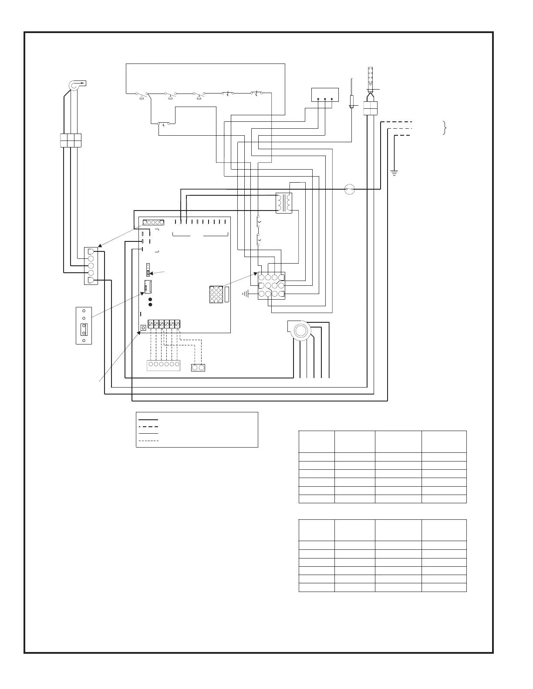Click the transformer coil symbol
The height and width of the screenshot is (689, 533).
(283, 203)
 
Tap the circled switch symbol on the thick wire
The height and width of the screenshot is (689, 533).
(350, 190)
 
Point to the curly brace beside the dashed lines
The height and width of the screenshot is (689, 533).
(445, 128)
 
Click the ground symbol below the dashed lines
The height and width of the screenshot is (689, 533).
(395, 173)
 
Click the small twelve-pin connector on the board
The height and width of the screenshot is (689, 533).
(216, 294)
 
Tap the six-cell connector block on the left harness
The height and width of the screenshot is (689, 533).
(70, 140)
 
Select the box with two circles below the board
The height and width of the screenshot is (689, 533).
(198, 368)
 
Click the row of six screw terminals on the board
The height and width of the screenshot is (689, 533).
(164, 324)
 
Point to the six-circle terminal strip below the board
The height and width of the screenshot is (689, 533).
(164, 365)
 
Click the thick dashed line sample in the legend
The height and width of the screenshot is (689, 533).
(148, 427)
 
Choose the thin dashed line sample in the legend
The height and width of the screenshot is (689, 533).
(148, 441)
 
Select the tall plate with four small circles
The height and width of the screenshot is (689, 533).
(84, 326)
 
